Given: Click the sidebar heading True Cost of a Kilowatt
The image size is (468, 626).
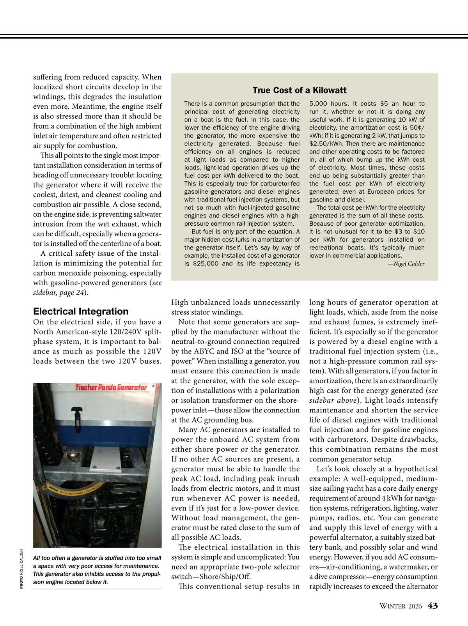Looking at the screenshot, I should [x=300, y=90].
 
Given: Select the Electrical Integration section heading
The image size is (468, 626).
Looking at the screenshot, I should [x=81, y=311].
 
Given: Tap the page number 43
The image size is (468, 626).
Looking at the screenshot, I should [x=433, y=606].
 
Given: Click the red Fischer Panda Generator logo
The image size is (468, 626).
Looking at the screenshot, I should [x=111, y=388].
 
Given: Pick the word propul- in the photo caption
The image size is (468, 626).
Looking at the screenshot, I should [x=149, y=574].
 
